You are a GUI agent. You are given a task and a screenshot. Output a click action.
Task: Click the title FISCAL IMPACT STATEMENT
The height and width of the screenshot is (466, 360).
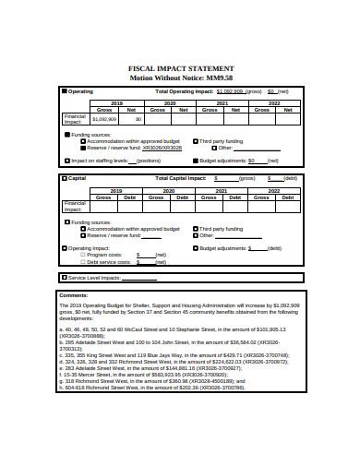click(x=180, y=69)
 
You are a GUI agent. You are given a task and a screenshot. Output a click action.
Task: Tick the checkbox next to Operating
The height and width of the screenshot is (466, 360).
click(x=65, y=92)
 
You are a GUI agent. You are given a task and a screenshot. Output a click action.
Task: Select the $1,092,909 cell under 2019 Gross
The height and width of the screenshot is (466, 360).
click(x=104, y=119)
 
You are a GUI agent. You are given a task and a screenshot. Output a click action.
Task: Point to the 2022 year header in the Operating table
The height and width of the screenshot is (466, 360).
click(x=274, y=103)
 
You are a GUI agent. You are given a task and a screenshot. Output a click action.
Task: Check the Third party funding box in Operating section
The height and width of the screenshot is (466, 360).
click(x=194, y=140)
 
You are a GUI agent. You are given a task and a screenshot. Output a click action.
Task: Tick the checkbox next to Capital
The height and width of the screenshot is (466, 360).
click(x=65, y=177)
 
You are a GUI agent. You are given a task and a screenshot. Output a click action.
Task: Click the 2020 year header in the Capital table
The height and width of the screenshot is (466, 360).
click(x=170, y=190)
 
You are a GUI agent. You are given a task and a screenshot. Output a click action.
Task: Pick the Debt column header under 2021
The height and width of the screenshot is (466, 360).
click(x=234, y=197)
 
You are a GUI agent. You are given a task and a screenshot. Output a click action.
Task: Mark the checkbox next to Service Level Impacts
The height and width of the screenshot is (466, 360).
click(x=65, y=276)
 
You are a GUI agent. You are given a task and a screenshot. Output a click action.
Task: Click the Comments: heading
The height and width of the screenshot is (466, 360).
click(x=74, y=296)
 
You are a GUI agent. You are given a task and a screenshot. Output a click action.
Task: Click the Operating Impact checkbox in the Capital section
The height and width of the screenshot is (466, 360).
click(x=66, y=247)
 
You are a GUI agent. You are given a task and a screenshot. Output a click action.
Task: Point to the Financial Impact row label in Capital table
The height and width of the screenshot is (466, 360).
click(x=74, y=207)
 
